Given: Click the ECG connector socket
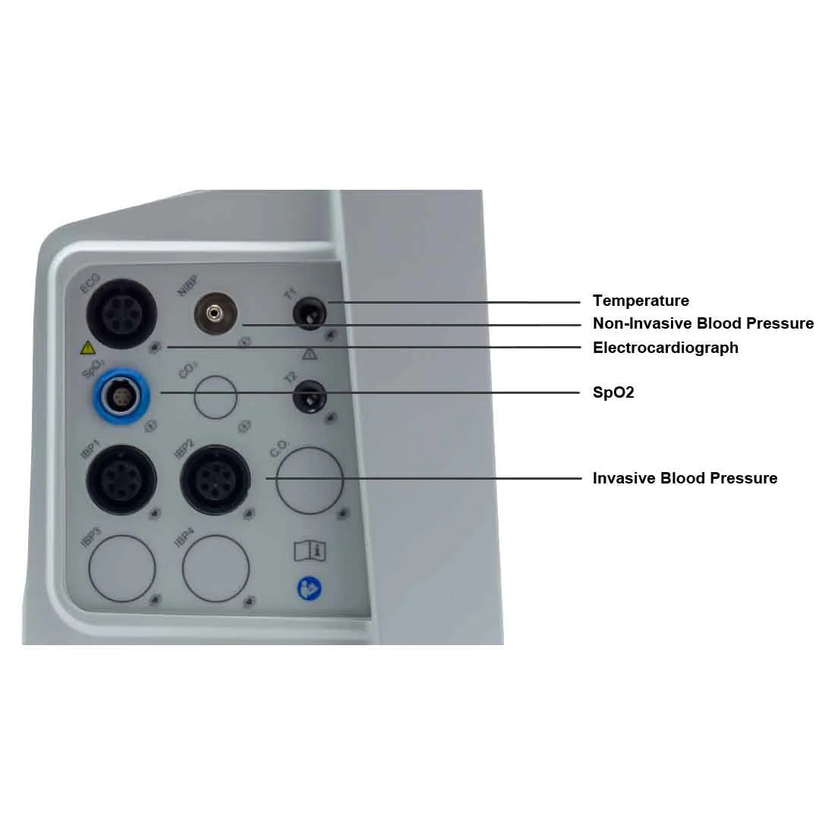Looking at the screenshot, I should pos(121,313).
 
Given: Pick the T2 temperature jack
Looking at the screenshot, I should pos(310,396).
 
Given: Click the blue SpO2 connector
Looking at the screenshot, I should pos(122,395).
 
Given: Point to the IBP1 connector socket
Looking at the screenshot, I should pos(121,480).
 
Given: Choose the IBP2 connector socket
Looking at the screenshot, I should pos(216,480).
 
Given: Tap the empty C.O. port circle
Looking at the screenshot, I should pos(310,480).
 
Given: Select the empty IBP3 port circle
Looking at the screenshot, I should pos(122,568).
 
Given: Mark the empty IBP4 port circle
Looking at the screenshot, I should pos(216,568).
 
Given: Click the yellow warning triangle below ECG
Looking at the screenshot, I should pos(88,348).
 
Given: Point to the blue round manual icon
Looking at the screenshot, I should pos(310,588).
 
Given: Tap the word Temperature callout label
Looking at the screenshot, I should pos(641,301).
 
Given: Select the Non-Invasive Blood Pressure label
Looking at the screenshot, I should pos(703,324).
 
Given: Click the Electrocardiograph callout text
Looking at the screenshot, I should pos(665,348).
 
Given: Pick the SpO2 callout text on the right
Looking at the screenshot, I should pos(613,393).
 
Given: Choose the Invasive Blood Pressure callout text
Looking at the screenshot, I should pos(685,478).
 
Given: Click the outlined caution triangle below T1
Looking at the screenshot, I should pos(310,354).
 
